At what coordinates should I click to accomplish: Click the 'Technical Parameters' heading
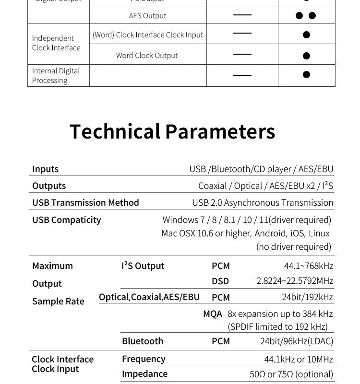coord(172,131)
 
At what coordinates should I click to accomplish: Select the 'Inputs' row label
coord(45,169)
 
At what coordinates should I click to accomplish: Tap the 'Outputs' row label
coord(49,186)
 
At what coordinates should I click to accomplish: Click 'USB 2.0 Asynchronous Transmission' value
coord(263,202)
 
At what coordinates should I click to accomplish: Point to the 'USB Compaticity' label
coord(66,220)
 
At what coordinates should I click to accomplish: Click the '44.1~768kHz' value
coord(308,266)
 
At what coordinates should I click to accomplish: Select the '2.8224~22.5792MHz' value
coord(294,280)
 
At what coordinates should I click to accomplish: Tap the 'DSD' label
coord(220,281)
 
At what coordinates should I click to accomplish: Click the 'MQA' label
coord(212,314)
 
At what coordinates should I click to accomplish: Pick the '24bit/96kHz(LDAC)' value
coord(296,341)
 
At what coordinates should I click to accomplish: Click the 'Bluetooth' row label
coord(142,341)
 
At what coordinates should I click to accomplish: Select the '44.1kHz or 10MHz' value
coord(298,359)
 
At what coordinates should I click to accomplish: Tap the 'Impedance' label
coord(144,373)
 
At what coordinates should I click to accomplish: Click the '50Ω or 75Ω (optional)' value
coord(291,374)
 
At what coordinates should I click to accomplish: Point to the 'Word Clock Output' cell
coord(146,55)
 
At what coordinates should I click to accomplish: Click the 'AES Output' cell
coord(147,15)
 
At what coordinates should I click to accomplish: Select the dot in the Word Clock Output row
coord(306,56)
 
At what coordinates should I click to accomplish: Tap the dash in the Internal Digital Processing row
coord(242,75)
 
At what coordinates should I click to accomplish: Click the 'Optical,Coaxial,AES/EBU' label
coord(149,297)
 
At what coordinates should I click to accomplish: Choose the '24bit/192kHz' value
coord(307,297)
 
